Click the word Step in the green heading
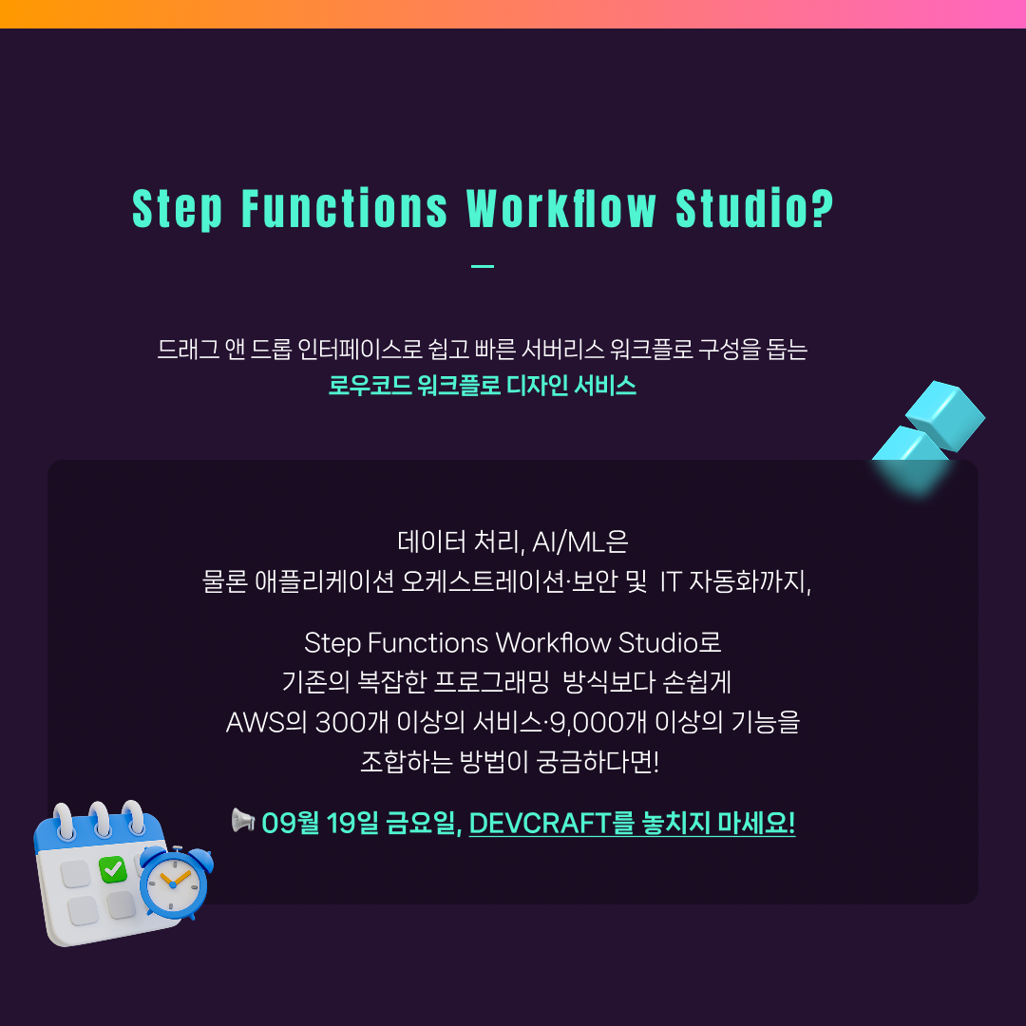tap(178, 209)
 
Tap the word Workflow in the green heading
tap(561, 209)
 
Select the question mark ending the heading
tap(823, 209)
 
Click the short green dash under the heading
tap(483, 266)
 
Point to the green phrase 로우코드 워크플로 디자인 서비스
tap(483, 385)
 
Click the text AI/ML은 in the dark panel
tap(579, 541)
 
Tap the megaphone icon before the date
tap(243, 820)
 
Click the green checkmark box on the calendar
tap(112, 869)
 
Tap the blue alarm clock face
tap(174, 883)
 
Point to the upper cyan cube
tap(945, 415)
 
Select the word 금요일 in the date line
tap(422, 823)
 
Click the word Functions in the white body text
tap(427, 643)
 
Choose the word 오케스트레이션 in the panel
tap(483, 581)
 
